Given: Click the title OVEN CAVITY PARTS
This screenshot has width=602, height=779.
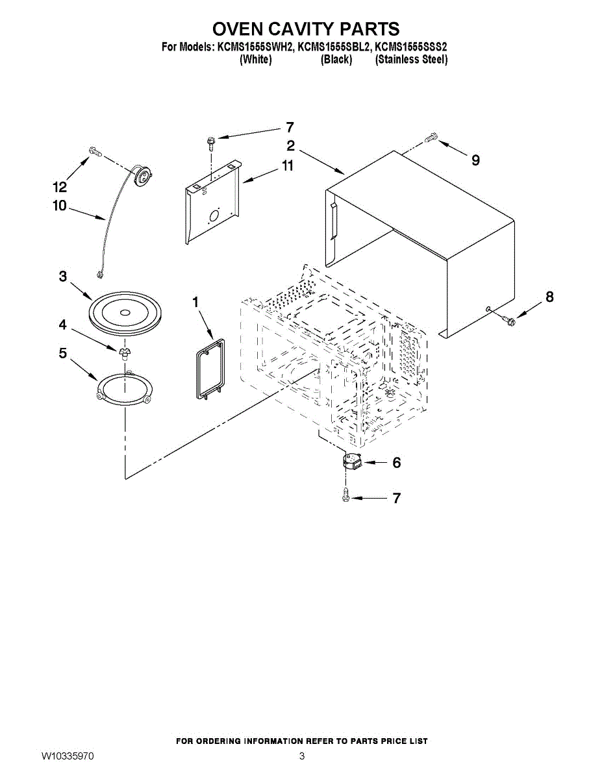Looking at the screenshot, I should (305, 29).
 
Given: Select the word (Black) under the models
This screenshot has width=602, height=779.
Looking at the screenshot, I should (336, 60).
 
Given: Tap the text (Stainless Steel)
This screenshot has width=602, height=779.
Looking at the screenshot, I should (411, 60).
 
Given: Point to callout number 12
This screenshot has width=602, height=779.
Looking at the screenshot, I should (60, 188).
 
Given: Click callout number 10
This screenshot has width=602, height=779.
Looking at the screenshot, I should (60, 206).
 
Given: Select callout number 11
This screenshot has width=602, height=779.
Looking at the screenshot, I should (287, 166).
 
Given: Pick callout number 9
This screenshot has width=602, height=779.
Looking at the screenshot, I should (475, 160).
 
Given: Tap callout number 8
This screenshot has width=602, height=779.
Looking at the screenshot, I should (549, 297).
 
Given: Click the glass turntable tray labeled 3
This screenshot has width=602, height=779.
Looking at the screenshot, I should (122, 313).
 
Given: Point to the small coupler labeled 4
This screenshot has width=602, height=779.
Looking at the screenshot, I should (124, 352).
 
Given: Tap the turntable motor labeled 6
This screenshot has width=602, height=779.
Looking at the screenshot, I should (351, 463).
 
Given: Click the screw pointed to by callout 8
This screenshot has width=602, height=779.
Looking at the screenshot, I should (508, 318).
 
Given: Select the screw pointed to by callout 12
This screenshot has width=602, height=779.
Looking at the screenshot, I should (95, 151).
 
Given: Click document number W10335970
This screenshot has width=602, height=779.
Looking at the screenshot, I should (68, 756).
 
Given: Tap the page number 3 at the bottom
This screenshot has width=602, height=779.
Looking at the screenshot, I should (302, 756).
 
